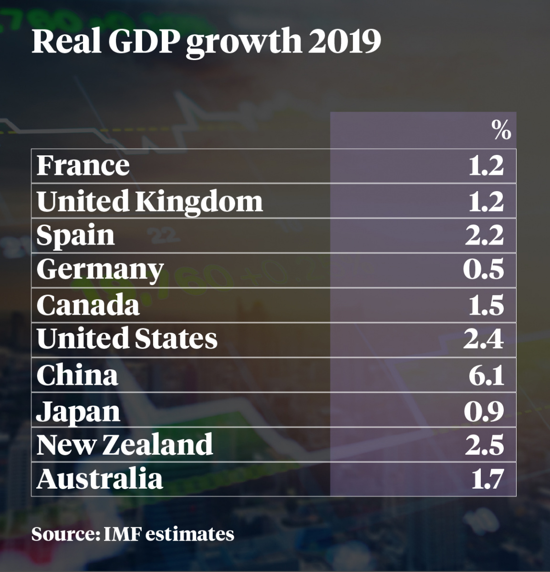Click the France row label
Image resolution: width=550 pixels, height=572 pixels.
pos(83,166)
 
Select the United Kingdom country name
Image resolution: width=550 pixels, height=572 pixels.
pos(149,201)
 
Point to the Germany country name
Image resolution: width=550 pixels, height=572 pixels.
pos(100,270)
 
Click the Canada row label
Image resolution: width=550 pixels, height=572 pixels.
pos(88,305)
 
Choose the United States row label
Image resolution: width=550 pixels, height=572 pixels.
pos(126,339)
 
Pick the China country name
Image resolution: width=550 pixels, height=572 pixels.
pos(77,375)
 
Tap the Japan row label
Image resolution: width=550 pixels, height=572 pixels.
pos(78,411)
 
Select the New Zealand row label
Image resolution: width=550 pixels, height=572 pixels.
pos(125,445)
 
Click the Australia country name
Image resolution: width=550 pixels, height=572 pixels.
pos(99,479)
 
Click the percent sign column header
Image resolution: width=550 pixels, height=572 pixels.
pos(501,130)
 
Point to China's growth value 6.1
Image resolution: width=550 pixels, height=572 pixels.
pos(486,375)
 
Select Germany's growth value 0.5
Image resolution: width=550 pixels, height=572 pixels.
pos(483,270)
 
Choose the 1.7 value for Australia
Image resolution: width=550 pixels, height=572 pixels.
pos(488,479)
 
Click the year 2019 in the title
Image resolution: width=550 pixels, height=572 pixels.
pos(344,42)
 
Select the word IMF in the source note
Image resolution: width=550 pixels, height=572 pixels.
pos(122,534)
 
